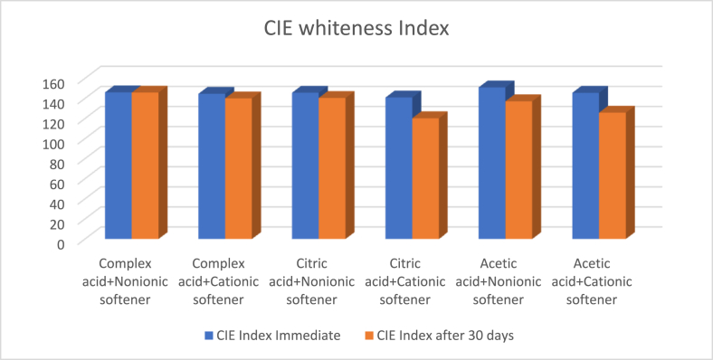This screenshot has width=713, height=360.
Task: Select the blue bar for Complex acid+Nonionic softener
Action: (x=119, y=166)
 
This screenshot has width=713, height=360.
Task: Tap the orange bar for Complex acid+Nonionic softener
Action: (x=145, y=166)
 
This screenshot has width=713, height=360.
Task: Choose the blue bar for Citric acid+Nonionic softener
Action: (x=305, y=166)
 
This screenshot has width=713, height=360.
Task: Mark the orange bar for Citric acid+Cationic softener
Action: (x=424, y=179)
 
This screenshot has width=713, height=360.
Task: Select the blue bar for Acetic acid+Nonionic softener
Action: (x=490, y=164)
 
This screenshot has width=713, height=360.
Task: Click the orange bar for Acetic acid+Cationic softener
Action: (x=611, y=176)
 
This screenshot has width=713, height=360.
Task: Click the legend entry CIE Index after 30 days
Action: (x=442, y=336)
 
